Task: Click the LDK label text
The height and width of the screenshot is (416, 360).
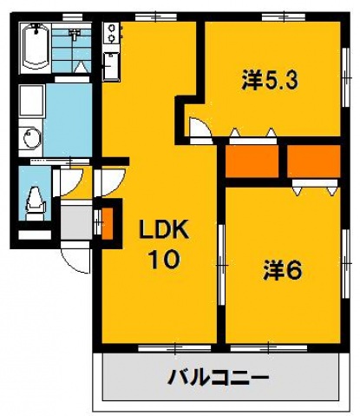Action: [x=165, y=230]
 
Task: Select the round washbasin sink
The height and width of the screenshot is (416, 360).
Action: [x=30, y=137]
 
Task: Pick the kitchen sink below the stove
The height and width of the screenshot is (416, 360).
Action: [x=112, y=66]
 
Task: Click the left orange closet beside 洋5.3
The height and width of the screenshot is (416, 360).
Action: [x=252, y=160]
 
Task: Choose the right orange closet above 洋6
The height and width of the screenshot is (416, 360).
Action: [x=313, y=160]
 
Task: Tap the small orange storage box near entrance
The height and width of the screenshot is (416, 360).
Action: [x=107, y=221]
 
